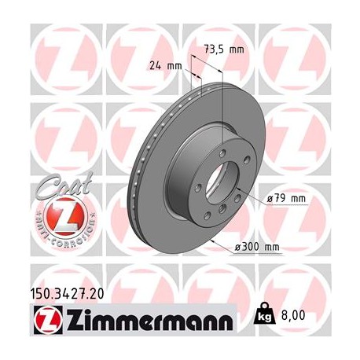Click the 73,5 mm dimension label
(224, 50)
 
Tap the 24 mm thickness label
(162, 66)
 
